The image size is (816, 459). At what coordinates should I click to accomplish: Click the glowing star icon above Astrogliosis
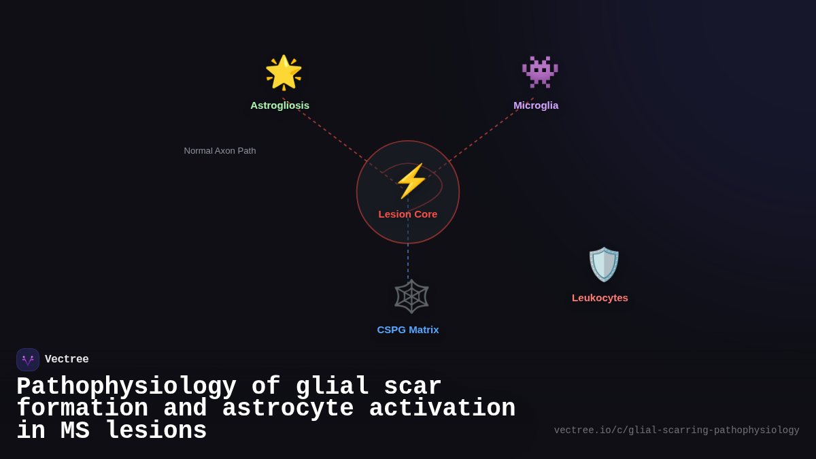tap(284, 72)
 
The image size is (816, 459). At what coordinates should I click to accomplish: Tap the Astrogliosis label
tap(279, 105)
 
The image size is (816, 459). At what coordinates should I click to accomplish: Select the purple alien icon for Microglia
tap(540, 72)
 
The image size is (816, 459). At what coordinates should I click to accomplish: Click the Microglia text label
tap(536, 105)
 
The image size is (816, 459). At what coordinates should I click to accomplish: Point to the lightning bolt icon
tap(411, 181)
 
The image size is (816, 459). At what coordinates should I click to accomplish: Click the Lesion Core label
tap(408, 214)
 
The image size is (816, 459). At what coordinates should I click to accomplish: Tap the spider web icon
tap(411, 296)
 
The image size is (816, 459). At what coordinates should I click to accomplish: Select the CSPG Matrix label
tap(408, 330)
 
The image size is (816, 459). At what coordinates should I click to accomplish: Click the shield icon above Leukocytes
tap(604, 265)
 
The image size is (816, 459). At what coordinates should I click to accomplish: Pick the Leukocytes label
tap(600, 298)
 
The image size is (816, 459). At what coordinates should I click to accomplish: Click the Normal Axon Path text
tap(220, 151)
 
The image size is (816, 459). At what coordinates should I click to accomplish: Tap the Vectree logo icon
tap(28, 360)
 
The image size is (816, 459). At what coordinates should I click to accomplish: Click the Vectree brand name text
tap(67, 360)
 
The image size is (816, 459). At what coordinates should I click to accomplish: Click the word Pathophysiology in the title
tap(126, 387)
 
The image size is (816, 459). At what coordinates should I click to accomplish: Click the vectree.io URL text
tap(677, 430)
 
